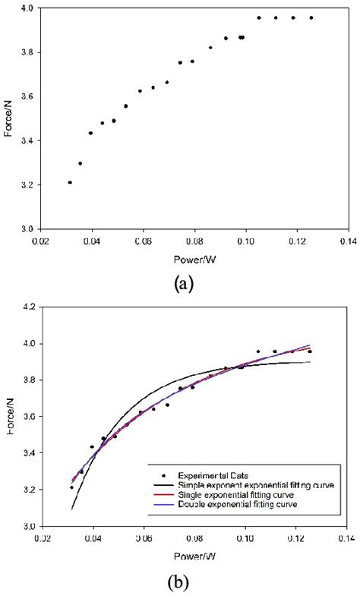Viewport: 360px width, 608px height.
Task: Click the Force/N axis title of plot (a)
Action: point(8,118)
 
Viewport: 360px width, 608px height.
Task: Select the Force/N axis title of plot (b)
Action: point(8,416)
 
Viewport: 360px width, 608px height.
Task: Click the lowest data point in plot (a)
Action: point(70,182)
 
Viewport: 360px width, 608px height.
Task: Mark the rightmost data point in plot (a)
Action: point(311,17)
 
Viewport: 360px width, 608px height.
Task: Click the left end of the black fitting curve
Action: point(72,509)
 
